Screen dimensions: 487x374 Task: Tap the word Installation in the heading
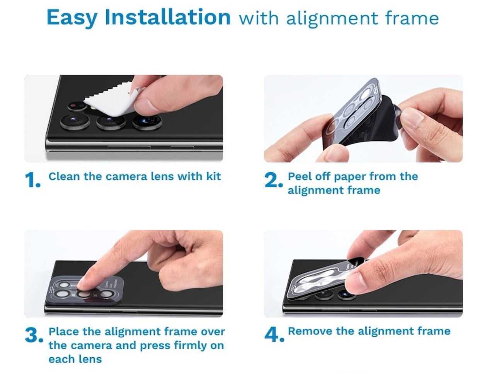(168, 17)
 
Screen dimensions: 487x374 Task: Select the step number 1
(33, 180)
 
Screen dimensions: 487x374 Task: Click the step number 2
(273, 180)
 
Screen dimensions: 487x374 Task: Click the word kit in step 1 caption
(213, 176)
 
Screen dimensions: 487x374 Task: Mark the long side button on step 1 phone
(129, 147)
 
